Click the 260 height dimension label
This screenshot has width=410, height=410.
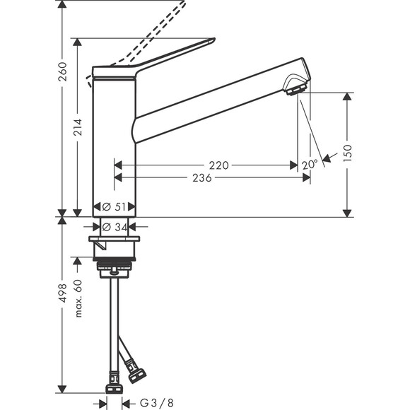pyautogui.click(x=62, y=71)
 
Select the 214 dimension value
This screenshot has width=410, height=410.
pyautogui.click(x=78, y=127)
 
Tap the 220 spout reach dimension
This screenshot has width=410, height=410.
pyautogui.click(x=219, y=165)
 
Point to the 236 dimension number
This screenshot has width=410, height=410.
pyautogui.click(x=202, y=178)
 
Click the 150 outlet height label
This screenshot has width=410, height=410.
pyautogui.click(x=346, y=153)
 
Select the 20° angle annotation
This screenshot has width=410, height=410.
pyautogui.click(x=309, y=164)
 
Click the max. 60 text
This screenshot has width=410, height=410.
pyautogui.click(x=78, y=298)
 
